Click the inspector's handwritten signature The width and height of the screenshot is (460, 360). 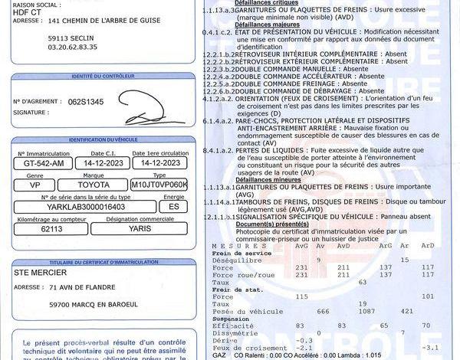click(153, 117)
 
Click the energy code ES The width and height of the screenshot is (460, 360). click(173, 207)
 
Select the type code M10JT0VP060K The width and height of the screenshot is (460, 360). click(159, 185)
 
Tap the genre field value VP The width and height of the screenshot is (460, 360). click(35, 185)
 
